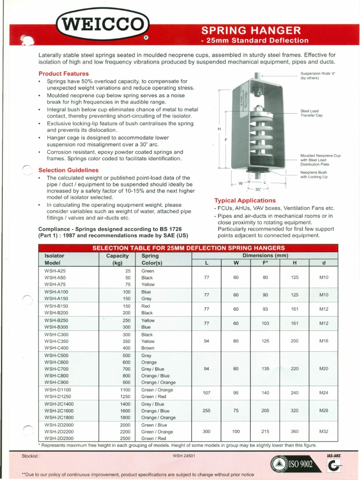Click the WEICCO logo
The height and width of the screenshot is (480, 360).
(x=103, y=23)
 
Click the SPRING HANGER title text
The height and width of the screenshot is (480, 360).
(x=251, y=30)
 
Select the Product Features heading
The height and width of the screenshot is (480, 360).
(x=63, y=74)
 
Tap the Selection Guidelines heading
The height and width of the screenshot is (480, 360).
(x=68, y=170)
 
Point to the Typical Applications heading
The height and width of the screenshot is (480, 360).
(x=245, y=201)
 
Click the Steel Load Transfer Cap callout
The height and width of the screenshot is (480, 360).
(x=311, y=113)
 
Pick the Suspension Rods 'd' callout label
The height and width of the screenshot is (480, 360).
(x=318, y=76)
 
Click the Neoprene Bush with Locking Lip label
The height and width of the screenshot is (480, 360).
(x=314, y=174)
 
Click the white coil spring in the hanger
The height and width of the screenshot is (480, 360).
(x=256, y=134)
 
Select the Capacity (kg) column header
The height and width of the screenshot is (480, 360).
(x=117, y=259)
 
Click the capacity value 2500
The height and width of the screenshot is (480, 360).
(x=124, y=438)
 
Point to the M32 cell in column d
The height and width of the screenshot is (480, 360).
(x=323, y=431)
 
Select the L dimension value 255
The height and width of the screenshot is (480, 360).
(x=206, y=411)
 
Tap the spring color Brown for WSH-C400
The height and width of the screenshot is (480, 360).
(x=148, y=348)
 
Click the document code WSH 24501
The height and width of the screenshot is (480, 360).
(x=184, y=455)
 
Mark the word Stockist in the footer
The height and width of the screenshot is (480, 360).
(x=31, y=456)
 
